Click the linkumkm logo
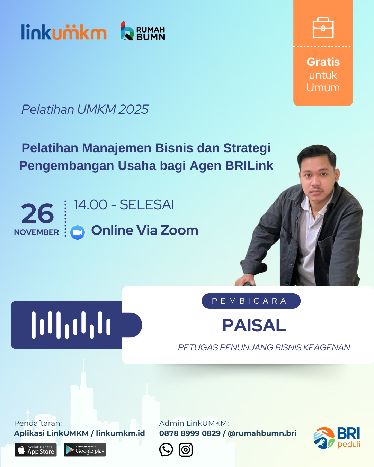[x=64, y=32]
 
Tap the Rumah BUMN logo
[x=143, y=31]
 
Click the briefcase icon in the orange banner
[x=323, y=28]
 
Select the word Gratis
[x=323, y=62]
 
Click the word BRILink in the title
[x=249, y=166]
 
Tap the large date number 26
[x=37, y=213]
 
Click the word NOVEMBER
[x=36, y=232]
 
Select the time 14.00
[x=91, y=204]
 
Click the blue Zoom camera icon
[x=77, y=232]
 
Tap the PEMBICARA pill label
[x=251, y=301]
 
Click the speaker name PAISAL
[x=254, y=326]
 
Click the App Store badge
[x=36, y=450]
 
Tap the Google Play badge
[x=85, y=450]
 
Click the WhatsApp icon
[x=166, y=449]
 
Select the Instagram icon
[x=186, y=450]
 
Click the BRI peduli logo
[x=337, y=438]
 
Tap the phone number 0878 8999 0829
[x=190, y=433]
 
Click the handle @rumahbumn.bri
[x=262, y=433]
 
